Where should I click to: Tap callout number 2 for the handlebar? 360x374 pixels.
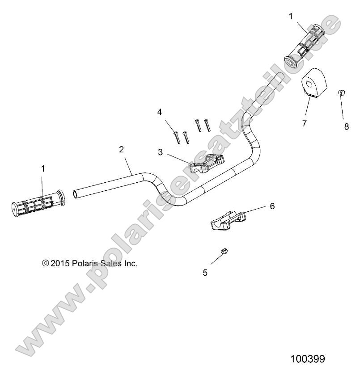coord(121,150)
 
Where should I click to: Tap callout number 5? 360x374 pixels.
coord(205,273)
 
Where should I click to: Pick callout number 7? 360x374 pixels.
coord(304,123)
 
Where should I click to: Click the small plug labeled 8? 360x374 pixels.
coord(342,93)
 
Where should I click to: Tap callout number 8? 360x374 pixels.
coord(346,126)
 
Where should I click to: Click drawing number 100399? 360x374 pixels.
coord(307,359)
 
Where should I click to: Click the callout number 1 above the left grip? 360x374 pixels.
coord(43,168)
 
